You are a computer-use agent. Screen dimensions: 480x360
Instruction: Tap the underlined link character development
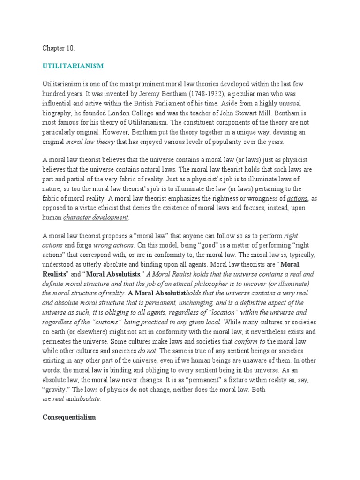96,217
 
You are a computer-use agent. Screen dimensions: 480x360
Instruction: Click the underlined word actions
297,198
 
